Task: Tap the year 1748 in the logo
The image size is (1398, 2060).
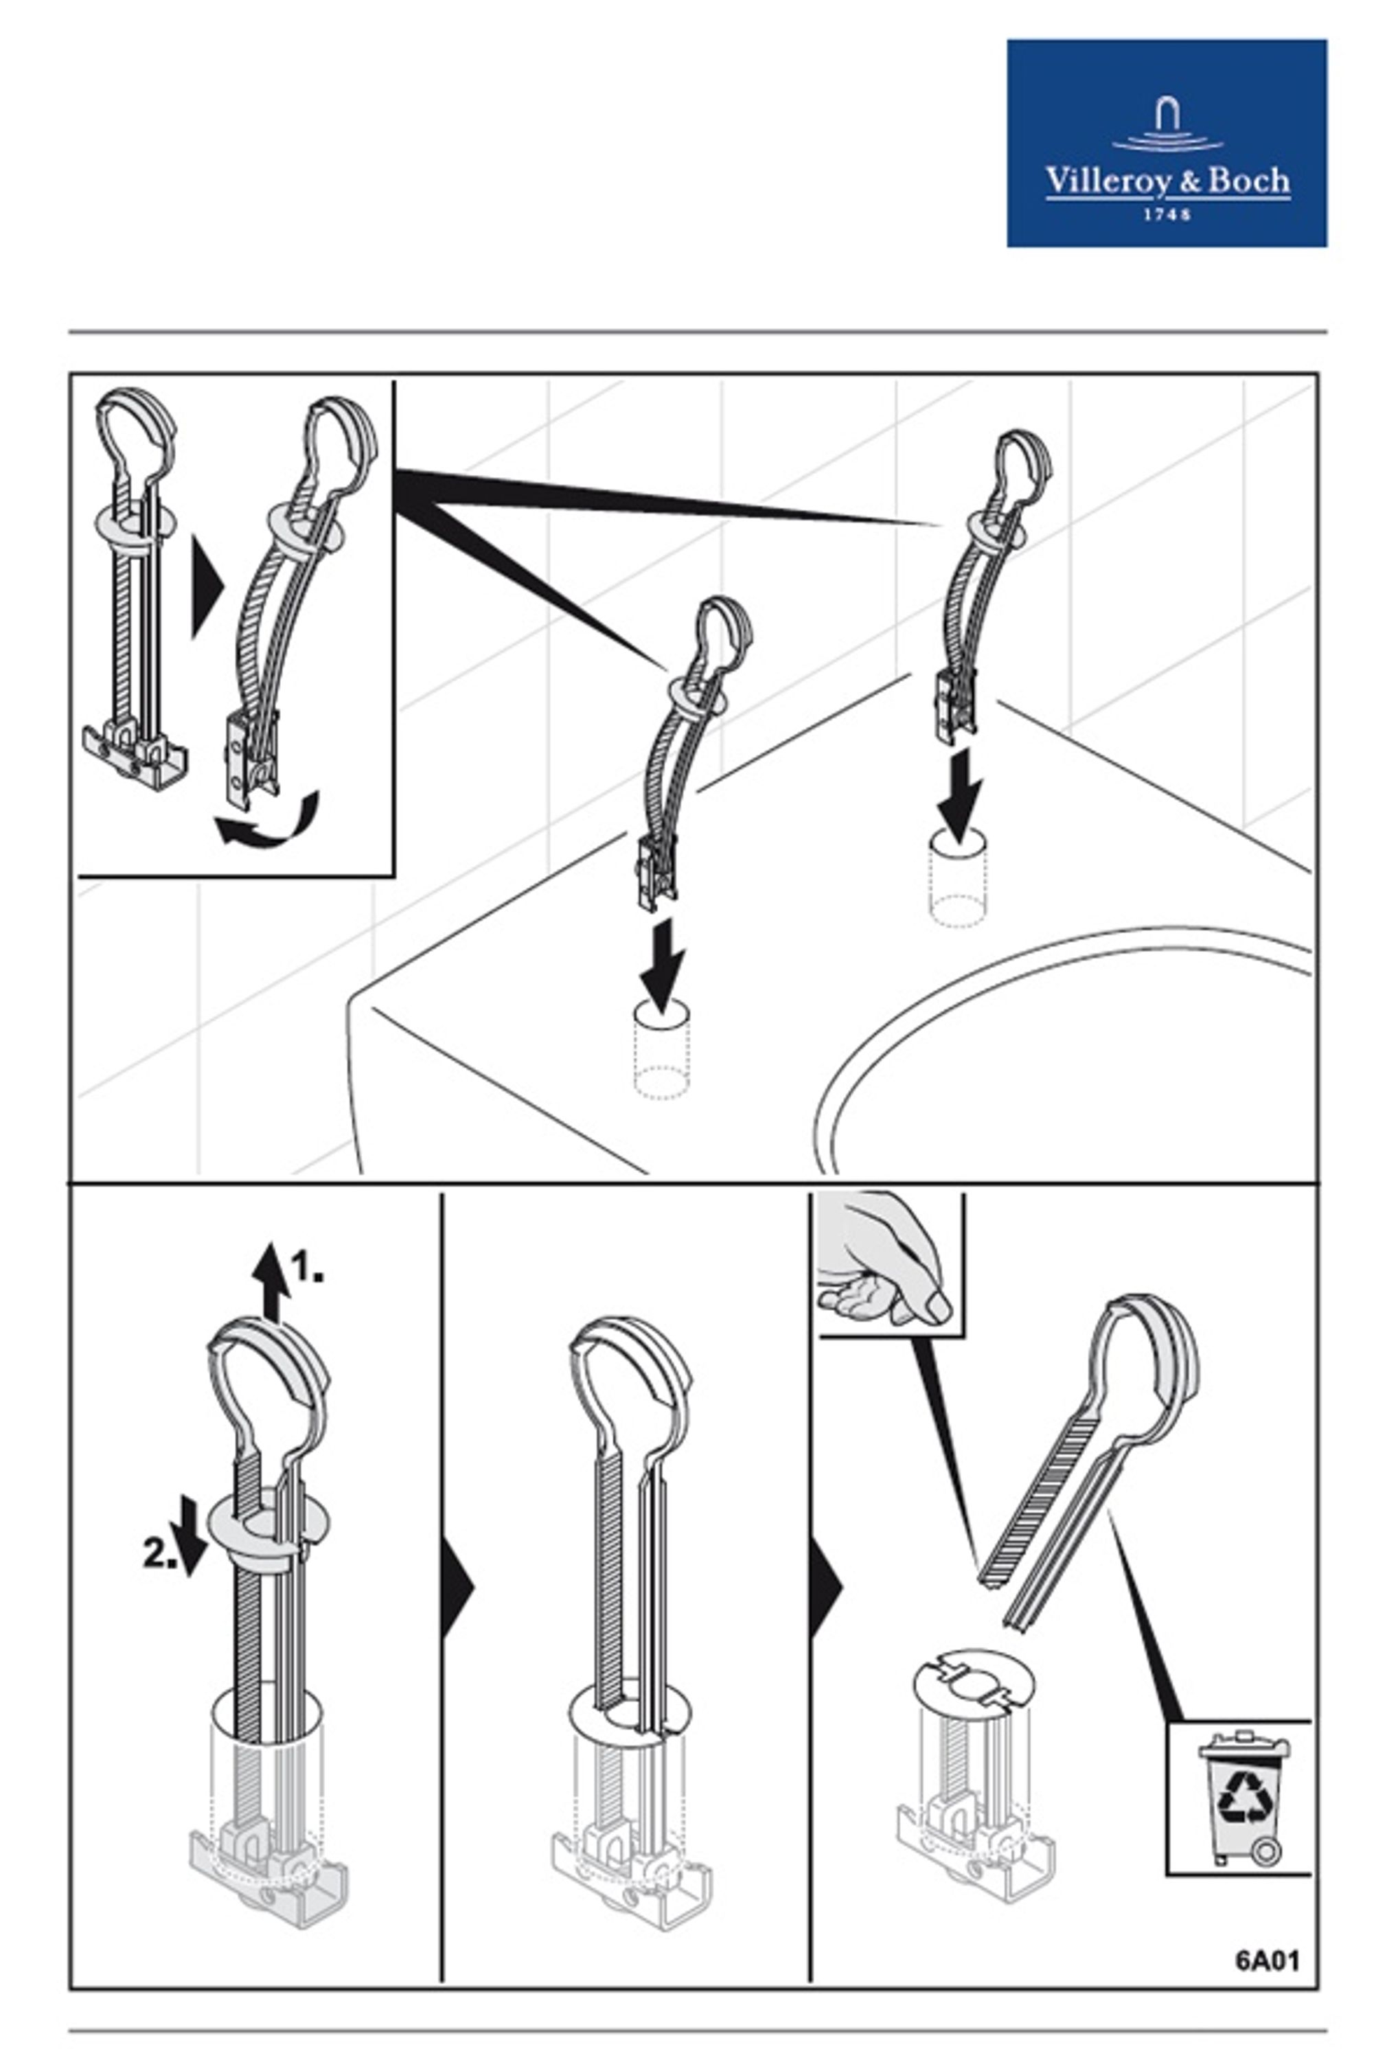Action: coord(1167,214)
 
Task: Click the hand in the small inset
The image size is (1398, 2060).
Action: coord(883,1264)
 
